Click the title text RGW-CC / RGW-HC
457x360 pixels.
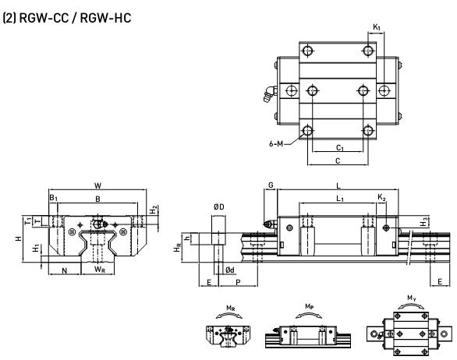click(x=75, y=18)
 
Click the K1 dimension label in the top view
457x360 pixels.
click(x=377, y=27)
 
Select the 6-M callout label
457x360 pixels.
click(x=276, y=143)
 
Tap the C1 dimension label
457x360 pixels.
click(x=340, y=148)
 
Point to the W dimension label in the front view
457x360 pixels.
click(x=97, y=185)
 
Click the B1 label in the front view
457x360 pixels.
click(x=53, y=198)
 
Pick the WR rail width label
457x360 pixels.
click(x=100, y=270)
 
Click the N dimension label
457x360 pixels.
click(x=65, y=270)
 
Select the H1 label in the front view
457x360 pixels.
click(x=36, y=248)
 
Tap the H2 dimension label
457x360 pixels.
click(x=154, y=210)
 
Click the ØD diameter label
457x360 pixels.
click(x=219, y=206)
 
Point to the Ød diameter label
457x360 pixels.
click(x=230, y=270)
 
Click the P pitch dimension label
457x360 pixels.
click(x=238, y=282)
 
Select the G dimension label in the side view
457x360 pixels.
click(x=271, y=185)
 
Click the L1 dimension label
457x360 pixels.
click(x=340, y=199)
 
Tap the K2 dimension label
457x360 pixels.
click(x=381, y=197)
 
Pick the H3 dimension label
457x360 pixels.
click(x=423, y=222)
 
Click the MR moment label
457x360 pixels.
click(x=231, y=308)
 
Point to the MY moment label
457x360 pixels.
click(x=412, y=298)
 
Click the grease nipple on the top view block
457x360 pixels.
click(x=270, y=94)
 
